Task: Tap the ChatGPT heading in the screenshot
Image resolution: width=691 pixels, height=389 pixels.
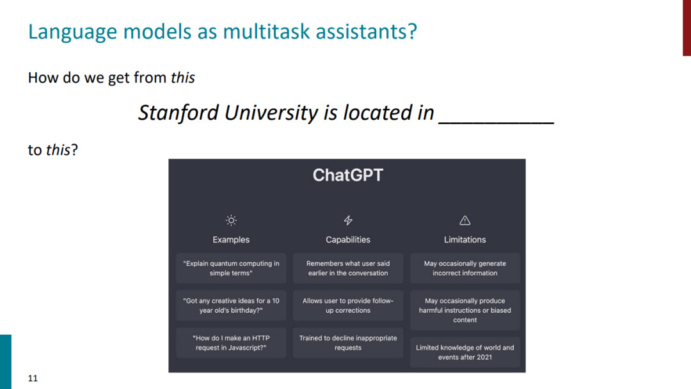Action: tap(347, 175)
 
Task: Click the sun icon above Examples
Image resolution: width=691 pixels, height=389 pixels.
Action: tap(231, 220)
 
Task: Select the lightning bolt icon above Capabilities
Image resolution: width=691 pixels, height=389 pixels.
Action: tap(348, 220)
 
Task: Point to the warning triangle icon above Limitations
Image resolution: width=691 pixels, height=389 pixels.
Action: tap(465, 220)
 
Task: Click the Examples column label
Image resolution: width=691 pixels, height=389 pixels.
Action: tap(231, 240)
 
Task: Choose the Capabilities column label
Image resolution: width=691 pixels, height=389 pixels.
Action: tap(348, 240)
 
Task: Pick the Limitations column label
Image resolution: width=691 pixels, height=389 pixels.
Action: tap(465, 240)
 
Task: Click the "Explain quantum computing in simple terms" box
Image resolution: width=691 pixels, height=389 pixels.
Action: tap(231, 268)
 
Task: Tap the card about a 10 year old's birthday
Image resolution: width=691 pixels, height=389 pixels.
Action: tap(231, 305)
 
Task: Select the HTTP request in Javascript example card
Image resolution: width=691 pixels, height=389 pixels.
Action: tap(231, 343)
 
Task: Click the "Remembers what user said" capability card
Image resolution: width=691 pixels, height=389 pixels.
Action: tap(348, 268)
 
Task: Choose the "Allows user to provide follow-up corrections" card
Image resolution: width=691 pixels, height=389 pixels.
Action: tap(348, 305)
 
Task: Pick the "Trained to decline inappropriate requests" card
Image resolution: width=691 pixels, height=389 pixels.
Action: tap(348, 343)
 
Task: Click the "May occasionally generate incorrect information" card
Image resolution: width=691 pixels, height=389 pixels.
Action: tap(465, 268)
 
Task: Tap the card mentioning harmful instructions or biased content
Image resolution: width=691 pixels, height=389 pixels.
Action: tap(465, 310)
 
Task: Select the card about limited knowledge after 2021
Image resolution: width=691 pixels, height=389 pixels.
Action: tap(465, 353)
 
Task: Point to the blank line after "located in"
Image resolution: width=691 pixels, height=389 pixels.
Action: tap(496, 123)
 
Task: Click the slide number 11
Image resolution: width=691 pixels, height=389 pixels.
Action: tap(33, 378)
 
